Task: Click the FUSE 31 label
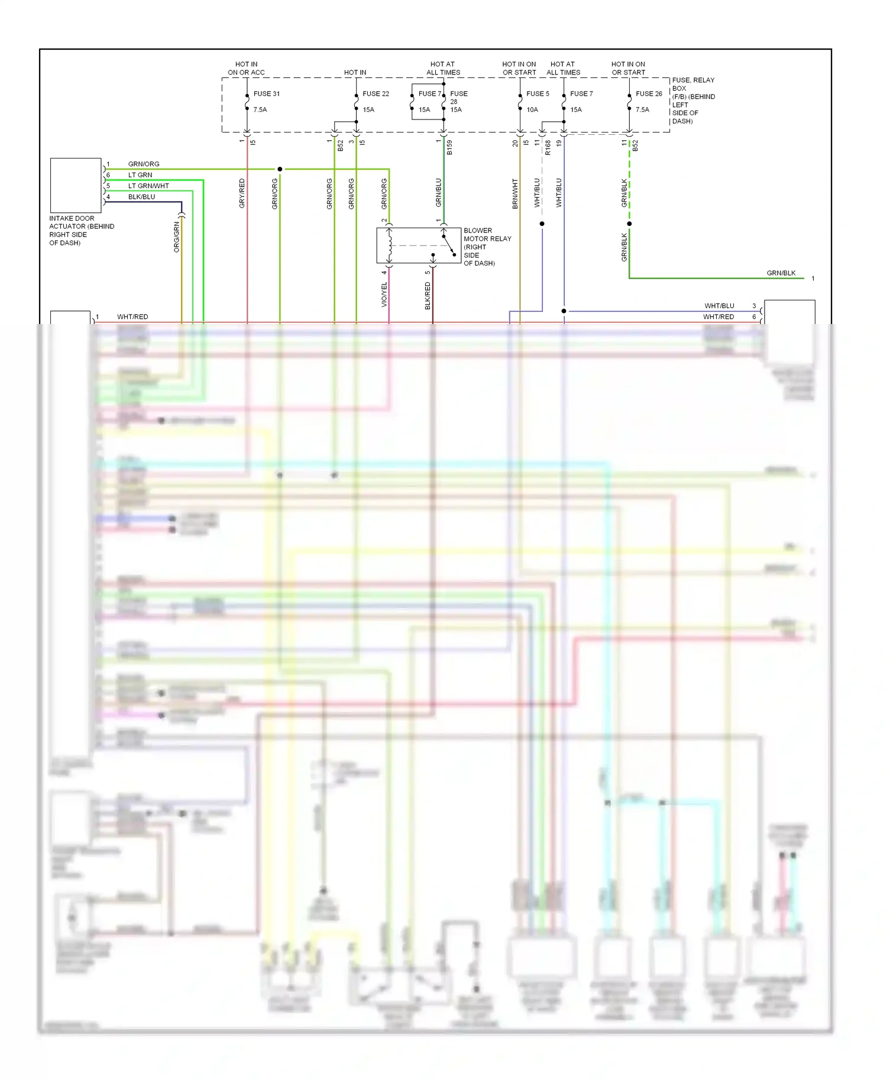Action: coord(266,93)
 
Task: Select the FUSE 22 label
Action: coord(375,93)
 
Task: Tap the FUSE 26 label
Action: coord(649,93)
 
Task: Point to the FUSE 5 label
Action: coord(538,93)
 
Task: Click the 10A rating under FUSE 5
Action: coord(532,109)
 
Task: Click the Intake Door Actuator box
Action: coord(76,185)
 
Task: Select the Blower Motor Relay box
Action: coord(419,245)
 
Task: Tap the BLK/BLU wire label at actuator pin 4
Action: coord(141,197)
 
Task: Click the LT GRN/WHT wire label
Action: coord(148,186)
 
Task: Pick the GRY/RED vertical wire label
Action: coord(242,193)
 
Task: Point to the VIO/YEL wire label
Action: coord(384,294)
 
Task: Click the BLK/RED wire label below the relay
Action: coord(428,295)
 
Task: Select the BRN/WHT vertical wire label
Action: coord(515,193)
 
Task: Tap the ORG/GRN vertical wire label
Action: coord(176,237)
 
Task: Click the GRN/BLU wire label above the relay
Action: coord(439,192)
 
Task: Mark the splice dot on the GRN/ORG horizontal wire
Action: coord(280,169)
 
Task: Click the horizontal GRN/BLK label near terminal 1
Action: coord(781,273)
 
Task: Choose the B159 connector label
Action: coord(449,147)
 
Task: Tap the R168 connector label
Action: coord(548,147)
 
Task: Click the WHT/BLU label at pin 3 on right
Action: coord(719,306)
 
